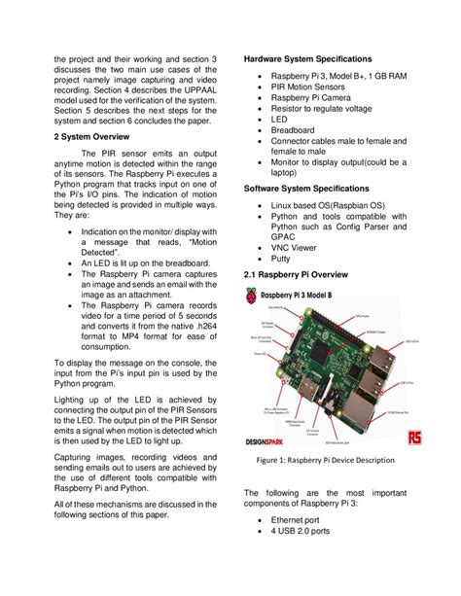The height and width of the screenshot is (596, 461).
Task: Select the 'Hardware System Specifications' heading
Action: [313, 59]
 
